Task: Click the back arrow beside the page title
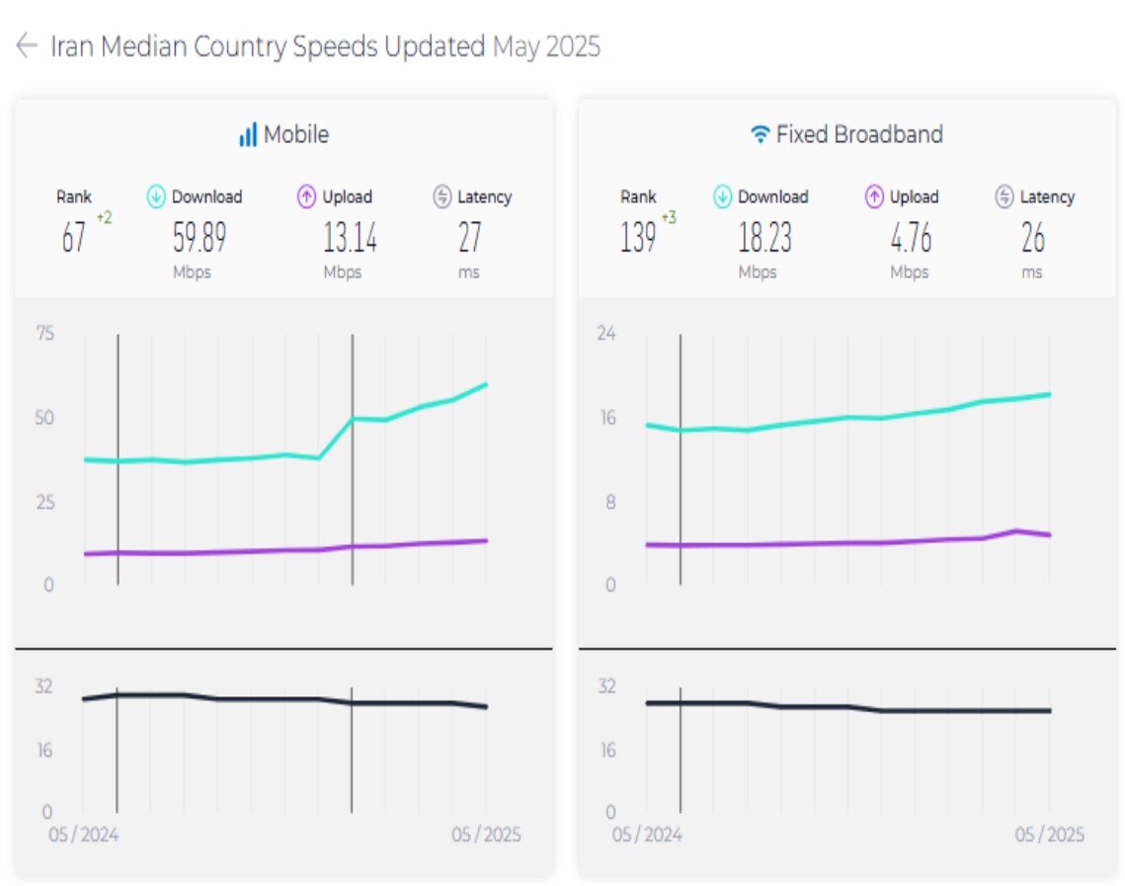pyautogui.click(x=27, y=45)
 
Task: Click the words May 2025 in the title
pyautogui.click(x=546, y=46)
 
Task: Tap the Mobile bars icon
pyautogui.click(x=248, y=134)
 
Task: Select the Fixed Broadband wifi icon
pyautogui.click(x=760, y=134)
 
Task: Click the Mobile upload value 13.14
pyautogui.click(x=350, y=238)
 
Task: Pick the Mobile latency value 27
pyautogui.click(x=469, y=238)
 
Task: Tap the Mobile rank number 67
pyautogui.click(x=74, y=238)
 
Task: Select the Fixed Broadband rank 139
pyautogui.click(x=638, y=238)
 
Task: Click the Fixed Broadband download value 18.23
pyautogui.click(x=764, y=238)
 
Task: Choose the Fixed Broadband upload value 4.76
pyautogui.click(x=910, y=238)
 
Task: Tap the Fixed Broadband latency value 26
pyautogui.click(x=1032, y=238)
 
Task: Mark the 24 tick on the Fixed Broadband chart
pyautogui.click(x=605, y=333)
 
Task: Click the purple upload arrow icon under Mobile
pyautogui.click(x=306, y=197)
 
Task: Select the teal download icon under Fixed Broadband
pyautogui.click(x=723, y=197)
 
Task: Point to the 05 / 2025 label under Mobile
pyautogui.click(x=486, y=835)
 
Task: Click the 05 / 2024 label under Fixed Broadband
pyautogui.click(x=647, y=835)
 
